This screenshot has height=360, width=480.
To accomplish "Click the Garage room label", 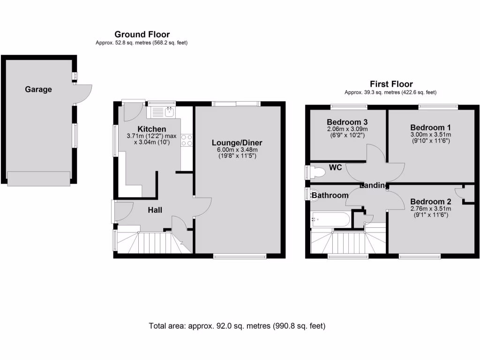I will coord(38,89).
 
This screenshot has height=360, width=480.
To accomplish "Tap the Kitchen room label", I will coord(151,129).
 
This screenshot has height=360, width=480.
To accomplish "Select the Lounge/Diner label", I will coord(237,142).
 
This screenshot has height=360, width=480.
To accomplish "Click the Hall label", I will coord(155,210).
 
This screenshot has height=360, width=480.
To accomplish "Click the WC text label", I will coord(335,167).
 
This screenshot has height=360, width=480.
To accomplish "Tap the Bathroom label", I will coord(330,195).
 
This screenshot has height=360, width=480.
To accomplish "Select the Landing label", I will coord(374,186).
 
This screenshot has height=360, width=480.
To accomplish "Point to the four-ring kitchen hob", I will coord(187,140).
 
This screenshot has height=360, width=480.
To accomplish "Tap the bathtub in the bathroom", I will coord(330,219).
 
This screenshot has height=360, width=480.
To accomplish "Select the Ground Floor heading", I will coord(142,34).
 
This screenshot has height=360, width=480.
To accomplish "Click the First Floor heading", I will coord(391,84).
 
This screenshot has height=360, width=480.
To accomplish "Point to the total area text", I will coord(237,326).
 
